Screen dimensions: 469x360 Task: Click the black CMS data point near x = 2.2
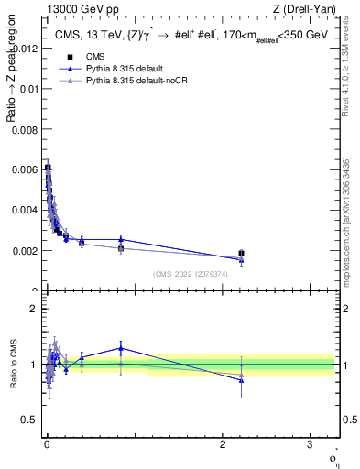[241, 253]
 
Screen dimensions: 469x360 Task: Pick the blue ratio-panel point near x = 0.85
[121, 348]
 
